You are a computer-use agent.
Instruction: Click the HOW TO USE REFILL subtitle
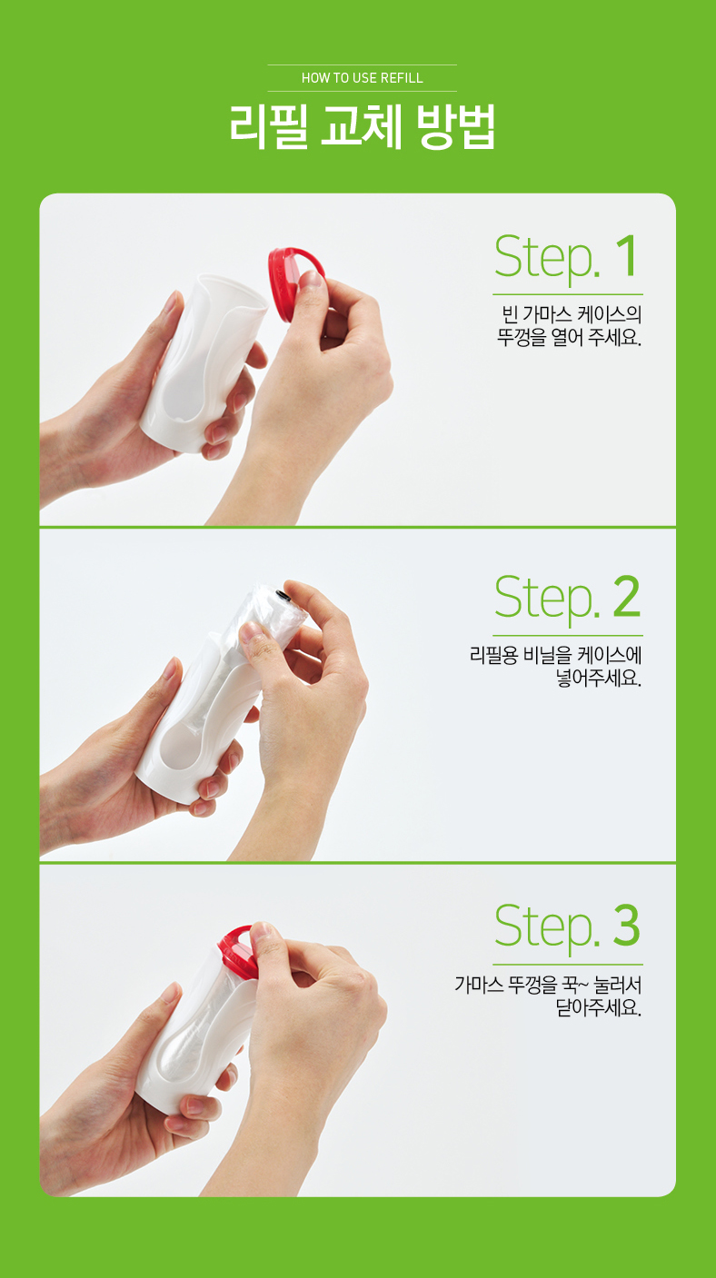click(363, 78)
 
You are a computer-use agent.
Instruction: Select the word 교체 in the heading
click(362, 126)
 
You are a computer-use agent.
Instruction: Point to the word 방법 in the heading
click(456, 126)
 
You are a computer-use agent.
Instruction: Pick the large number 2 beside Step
click(626, 596)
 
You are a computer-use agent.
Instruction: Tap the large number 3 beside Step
click(626, 925)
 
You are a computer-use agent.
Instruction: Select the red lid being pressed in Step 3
click(238, 949)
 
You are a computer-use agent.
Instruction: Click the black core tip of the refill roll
click(283, 596)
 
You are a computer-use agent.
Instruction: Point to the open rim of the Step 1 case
click(233, 292)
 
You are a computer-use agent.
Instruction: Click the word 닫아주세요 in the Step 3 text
click(599, 1008)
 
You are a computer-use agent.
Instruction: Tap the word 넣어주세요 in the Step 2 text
click(599, 679)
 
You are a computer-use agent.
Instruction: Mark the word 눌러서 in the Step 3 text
click(618, 985)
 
